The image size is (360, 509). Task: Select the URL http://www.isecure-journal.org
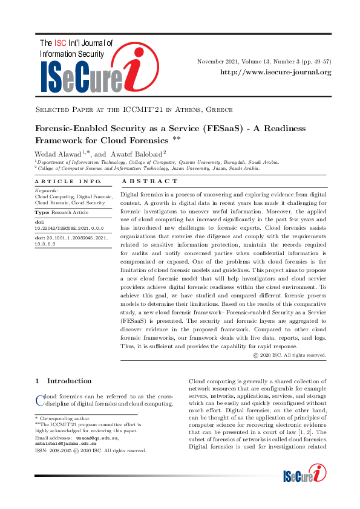276,73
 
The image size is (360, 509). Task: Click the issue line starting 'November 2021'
264,61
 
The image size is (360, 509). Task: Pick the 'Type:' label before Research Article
42,213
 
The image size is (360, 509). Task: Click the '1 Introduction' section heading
64,381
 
